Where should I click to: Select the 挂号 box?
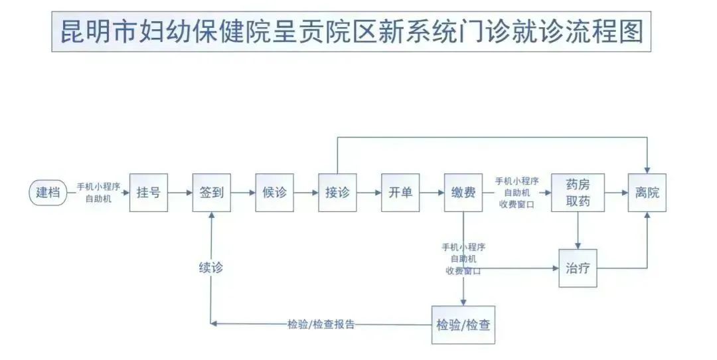148,193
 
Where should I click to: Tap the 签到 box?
211,193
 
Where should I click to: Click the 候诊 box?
274,193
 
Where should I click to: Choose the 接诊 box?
337,193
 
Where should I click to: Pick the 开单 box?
400,193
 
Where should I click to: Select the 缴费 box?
463,193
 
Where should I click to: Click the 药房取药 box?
578,193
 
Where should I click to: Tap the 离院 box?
647,193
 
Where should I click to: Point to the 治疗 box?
578,268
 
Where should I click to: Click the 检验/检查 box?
463,325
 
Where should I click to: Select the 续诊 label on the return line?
210,268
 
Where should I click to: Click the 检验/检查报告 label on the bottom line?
321,325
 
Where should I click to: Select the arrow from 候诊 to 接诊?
305,193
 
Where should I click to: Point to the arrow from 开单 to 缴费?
432,193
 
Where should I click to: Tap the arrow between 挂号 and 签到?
179,193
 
